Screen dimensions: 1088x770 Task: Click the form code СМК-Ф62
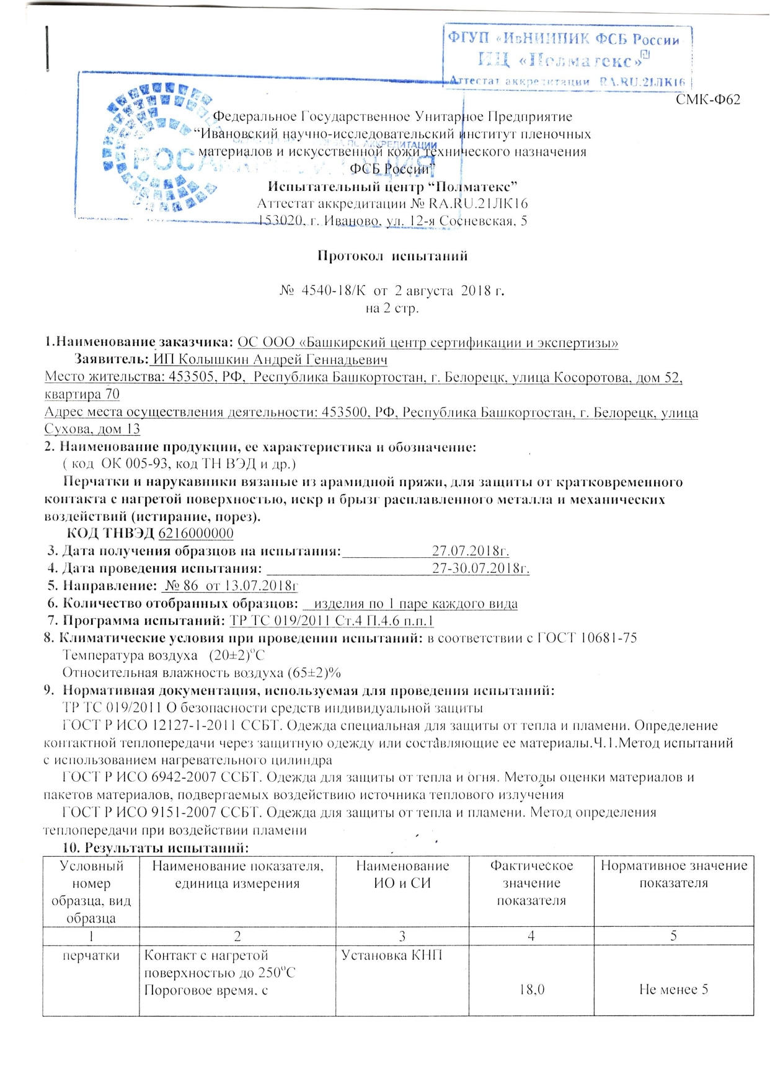708,100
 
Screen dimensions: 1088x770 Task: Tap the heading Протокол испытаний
392,256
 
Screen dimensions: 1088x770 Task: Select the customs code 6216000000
196,533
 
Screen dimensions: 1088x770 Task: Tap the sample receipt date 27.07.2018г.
471,551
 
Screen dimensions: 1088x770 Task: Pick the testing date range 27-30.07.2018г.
480,568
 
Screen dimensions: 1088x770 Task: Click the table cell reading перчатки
91,955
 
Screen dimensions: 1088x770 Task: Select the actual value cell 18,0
531,989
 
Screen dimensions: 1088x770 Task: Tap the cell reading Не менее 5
673,989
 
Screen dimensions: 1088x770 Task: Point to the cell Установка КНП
392,955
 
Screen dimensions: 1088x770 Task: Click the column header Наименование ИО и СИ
402,874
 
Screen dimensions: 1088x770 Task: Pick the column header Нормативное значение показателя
674,874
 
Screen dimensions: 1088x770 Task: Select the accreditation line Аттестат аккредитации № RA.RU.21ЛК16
392,203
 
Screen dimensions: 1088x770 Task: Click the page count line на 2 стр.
392,308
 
